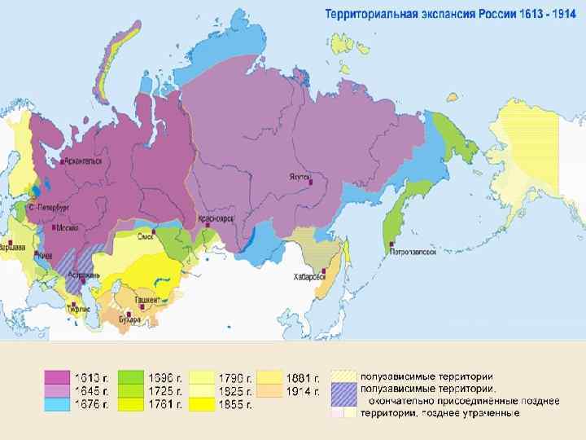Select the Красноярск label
coord(216,219)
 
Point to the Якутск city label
coord(298,175)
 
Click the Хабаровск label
coord(311,276)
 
